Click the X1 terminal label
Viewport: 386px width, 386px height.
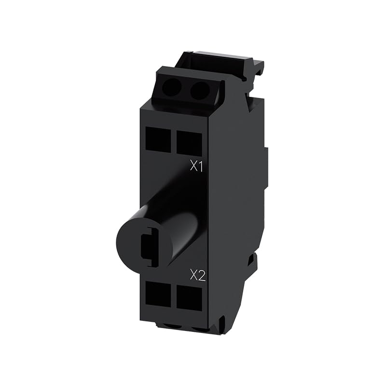196,167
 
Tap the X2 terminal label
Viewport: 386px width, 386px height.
198,276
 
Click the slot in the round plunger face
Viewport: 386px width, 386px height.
149,246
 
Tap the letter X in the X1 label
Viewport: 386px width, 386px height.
193,167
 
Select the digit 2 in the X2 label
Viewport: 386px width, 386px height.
202,276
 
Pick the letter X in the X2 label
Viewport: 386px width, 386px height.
194,276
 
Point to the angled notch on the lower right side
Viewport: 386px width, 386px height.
252,261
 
